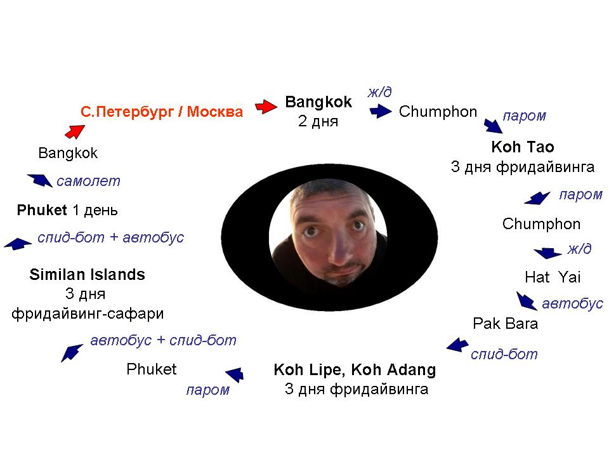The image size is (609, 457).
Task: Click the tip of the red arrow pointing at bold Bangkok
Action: click(277, 106)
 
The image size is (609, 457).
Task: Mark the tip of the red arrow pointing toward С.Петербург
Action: click(85, 125)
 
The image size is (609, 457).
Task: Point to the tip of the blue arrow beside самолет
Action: click(27, 175)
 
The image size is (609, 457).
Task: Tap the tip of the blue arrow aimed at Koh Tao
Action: click(502, 133)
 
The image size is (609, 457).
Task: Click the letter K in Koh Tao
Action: click(496, 147)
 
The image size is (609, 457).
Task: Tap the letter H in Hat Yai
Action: click(530, 277)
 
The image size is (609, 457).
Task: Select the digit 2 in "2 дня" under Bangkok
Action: click(303, 121)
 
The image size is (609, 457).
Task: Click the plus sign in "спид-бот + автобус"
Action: click(114, 237)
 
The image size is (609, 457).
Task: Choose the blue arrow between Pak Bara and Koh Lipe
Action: click(457, 345)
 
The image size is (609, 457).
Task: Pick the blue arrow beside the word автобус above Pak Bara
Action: click(527, 301)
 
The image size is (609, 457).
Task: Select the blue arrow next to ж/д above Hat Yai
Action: click(547, 253)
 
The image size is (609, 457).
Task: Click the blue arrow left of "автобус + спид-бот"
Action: click(72, 353)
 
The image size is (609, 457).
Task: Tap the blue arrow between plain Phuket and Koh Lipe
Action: click(235, 374)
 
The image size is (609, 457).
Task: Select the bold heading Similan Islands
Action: click(88, 274)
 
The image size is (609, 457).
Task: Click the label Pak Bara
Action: click(506, 323)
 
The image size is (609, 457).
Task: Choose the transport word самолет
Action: click(89, 181)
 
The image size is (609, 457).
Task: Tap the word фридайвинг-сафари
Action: click(88, 314)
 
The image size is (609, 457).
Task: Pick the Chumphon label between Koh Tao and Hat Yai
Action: click(541, 224)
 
